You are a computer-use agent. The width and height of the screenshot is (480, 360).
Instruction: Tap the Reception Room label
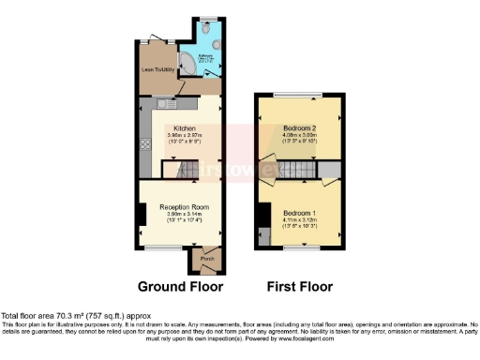tap(183, 206)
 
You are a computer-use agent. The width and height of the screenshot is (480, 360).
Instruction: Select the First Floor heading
tap(299, 286)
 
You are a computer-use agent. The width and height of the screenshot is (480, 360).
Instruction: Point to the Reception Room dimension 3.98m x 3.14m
tap(183, 214)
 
